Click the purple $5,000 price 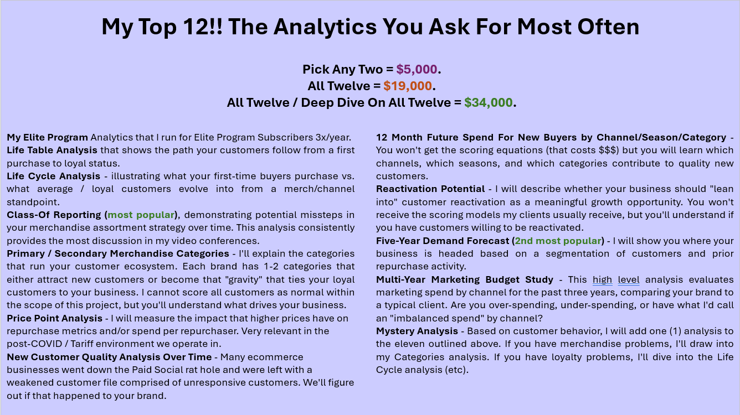click(417, 69)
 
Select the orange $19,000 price click(408, 86)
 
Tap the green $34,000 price click(489, 102)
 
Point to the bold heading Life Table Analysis click(52, 150)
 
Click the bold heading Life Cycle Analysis click(53, 176)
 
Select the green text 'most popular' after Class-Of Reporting click(141, 215)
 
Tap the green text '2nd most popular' click(558, 241)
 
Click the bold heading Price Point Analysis click(54, 318)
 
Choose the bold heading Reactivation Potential click(430, 189)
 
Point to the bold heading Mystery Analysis click(417, 331)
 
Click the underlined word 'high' click(602, 279)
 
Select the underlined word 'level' click(629, 279)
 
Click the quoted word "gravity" click(244, 279)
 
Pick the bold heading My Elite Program click(47, 137)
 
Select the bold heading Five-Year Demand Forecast click(443, 241)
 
